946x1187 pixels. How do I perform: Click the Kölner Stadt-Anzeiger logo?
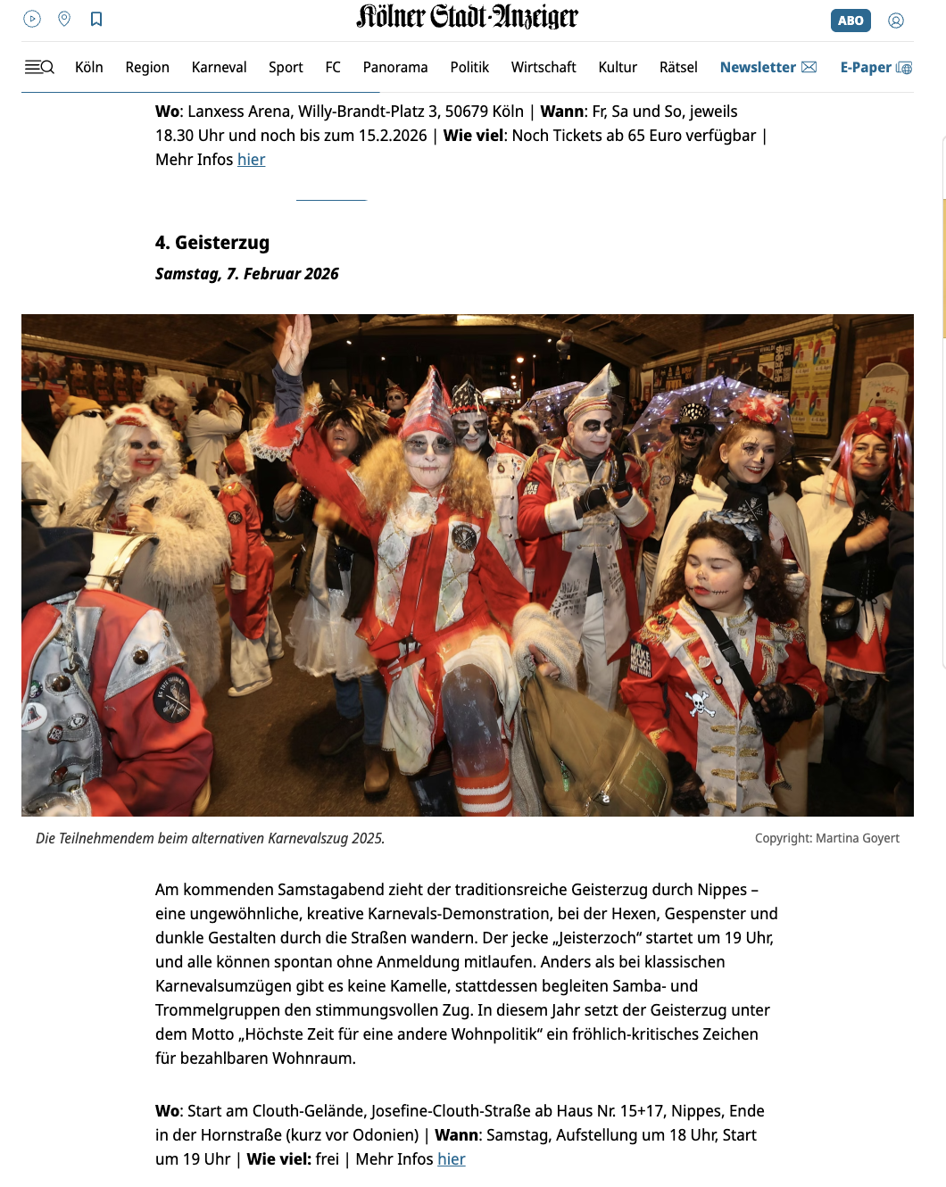(x=467, y=17)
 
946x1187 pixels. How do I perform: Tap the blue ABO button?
(x=850, y=21)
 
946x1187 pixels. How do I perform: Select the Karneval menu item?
(x=219, y=67)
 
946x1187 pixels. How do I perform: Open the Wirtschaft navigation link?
(x=543, y=67)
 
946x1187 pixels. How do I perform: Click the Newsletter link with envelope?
(x=768, y=67)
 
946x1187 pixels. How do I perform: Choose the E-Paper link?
(x=875, y=67)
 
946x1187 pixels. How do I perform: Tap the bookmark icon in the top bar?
(x=96, y=19)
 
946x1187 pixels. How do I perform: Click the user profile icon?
(x=896, y=21)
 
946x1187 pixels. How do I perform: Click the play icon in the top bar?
(x=32, y=19)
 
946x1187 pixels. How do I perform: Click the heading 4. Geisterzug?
(x=212, y=243)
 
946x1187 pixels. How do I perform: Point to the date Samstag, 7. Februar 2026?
(x=247, y=274)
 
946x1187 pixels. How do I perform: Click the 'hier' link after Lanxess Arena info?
(x=251, y=160)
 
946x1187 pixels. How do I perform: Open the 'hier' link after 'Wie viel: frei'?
(x=452, y=1159)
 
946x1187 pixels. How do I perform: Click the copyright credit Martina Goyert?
(x=826, y=838)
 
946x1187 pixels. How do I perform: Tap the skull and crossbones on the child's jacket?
(x=701, y=703)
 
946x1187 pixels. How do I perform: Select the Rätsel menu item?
(x=678, y=67)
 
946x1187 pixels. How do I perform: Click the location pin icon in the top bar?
(x=64, y=19)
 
